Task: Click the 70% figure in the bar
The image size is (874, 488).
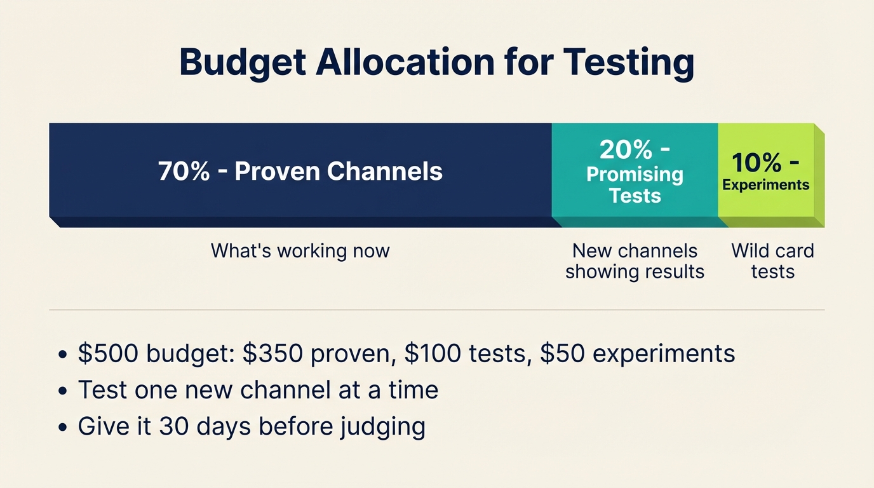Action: point(184,172)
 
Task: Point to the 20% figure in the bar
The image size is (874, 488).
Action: point(626,150)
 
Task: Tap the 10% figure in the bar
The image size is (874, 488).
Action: point(756,163)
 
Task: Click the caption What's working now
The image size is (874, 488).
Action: point(300,251)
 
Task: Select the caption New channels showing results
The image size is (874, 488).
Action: point(635,261)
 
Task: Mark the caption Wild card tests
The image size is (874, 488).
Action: point(772,261)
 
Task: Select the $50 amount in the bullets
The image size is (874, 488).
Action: point(564,354)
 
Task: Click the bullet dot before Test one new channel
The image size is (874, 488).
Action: point(62,391)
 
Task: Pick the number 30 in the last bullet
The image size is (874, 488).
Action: point(172,426)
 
